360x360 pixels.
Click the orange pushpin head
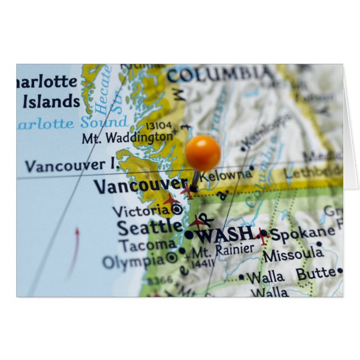tap(202, 153)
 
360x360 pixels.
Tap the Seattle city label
tap(149, 227)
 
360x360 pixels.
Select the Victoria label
tap(141, 211)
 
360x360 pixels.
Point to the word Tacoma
tap(147, 245)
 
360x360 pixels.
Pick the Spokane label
tap(302, 234)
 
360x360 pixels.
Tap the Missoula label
tap(293, 255)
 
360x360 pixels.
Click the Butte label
tap(316, 274)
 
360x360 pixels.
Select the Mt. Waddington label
tap(127, 137)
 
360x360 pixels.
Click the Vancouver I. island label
tap(65, 165)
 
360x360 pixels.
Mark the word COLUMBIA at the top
tap(221, 74)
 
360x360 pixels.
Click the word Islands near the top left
tap(51, 102)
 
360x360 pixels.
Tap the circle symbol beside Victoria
tap(177, 210)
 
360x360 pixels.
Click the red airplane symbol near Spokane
tap(261, 236)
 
